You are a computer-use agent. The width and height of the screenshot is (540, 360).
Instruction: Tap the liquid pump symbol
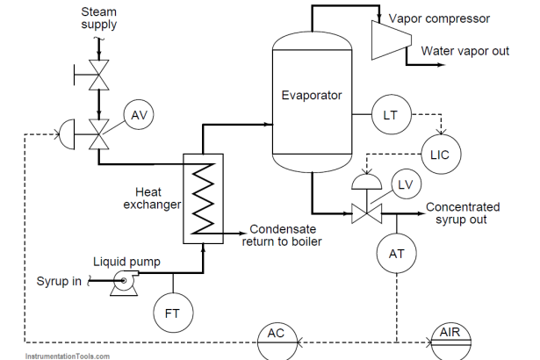122,281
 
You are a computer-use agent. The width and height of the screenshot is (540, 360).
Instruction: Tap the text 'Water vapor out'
464,51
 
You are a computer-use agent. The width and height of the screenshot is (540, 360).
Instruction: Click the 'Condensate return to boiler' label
282,234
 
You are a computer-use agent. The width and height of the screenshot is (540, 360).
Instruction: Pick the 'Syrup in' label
59,281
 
